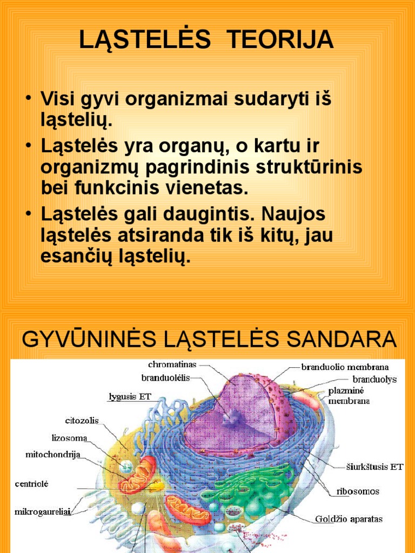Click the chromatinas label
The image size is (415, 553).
172,365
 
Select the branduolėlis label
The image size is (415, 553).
166,378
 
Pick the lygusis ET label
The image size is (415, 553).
130,397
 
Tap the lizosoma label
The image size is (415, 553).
69,438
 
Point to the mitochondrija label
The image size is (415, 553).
53,455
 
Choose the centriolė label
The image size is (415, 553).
31,484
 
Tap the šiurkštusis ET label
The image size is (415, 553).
374,467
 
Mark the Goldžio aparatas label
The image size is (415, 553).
349,519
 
